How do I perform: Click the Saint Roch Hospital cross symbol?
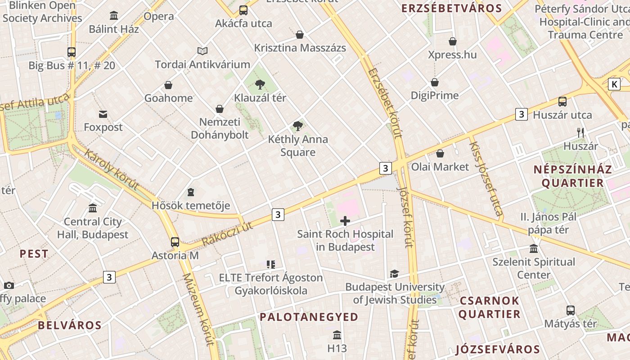pyautogui.click(x=345, y=221)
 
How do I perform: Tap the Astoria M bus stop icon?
pyautogui.click(x=175, y=242)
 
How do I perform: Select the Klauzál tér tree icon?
pyautogui.click(x=260, y=84)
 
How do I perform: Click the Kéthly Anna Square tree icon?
pyautogui.click(x=297, y=126)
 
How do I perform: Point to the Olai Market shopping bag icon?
pyautogui.click(x=440, y=153)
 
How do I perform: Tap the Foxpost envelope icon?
pyautogui.click(x=103, y=114)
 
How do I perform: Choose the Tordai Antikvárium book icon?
pyautogui.click(x=202, y=51)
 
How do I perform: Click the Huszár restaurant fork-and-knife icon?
pyautogui.click(x=580, y=133)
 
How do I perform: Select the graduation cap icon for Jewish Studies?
pyautogui.click(x=394, y=274)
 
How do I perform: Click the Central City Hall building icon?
pyautogui.click(x=93, y=208)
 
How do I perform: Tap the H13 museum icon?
pyautogui.click(x=337, y=335)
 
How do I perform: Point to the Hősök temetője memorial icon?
pyautogui.click(x=191, y=193)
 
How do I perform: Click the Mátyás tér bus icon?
pyautogui.click(x=570, y=310)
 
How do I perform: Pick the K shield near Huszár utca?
pyautogui.click(x=614, y=84)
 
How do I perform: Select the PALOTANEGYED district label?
pyautogui.click(x=309, y=317)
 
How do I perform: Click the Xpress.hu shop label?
pyautogui.click(x=452, y=55)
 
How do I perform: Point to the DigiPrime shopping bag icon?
pyautogui.click(x=435, y=82)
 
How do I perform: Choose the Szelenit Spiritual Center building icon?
pyautogui.click(x=534, y=248)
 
